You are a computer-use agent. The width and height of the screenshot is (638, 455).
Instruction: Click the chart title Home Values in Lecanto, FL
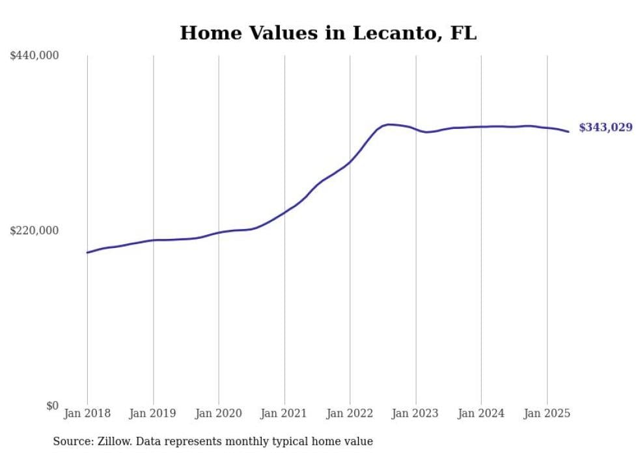328,33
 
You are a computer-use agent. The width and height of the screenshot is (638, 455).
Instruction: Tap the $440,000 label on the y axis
34,55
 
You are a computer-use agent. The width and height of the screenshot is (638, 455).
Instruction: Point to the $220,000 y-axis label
34,230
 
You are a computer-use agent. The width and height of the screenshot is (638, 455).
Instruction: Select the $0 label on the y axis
53,406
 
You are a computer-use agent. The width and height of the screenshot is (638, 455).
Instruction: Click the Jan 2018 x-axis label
87,413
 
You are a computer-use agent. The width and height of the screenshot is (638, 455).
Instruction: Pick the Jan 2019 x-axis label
152,413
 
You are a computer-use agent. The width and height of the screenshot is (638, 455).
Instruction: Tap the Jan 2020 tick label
219,413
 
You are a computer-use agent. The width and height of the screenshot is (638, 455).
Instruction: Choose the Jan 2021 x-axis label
284,413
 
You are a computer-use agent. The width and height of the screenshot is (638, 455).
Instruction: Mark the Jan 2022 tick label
350,413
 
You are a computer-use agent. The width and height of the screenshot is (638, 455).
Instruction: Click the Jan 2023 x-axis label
415,413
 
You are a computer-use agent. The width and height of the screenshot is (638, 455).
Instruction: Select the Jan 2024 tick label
481,413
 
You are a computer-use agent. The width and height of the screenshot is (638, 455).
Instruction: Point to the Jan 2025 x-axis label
547,413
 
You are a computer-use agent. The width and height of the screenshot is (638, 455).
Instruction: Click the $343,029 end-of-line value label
606,128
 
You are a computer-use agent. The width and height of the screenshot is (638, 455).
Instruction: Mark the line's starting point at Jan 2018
87,253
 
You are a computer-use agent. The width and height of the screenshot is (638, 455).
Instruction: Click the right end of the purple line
568,131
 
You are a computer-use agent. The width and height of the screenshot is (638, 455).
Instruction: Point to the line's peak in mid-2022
389,124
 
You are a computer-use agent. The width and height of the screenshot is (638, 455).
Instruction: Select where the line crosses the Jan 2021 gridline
285,212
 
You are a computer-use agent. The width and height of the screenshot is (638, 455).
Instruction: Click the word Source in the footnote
73,441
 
